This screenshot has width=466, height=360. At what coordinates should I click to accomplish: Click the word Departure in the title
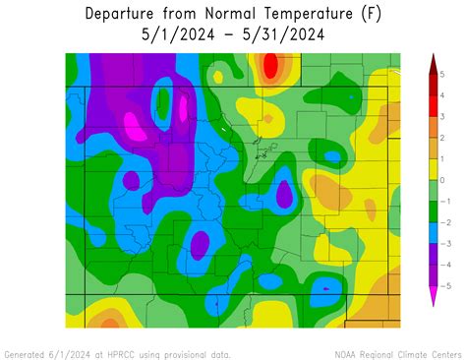122,14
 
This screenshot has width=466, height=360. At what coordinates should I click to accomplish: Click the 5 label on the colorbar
442,75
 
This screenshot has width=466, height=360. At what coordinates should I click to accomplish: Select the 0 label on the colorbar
442,180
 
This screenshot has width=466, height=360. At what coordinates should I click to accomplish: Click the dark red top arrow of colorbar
431,63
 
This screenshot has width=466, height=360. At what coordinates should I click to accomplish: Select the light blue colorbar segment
431,232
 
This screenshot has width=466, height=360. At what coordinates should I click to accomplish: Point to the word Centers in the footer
440,353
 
